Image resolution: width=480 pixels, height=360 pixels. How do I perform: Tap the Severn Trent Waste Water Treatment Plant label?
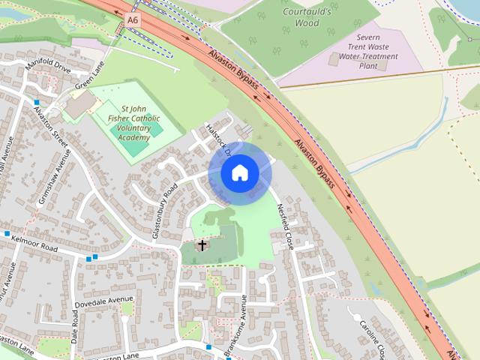pos(367,50)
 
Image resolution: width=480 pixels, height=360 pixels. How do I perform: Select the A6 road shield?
pos(133,20)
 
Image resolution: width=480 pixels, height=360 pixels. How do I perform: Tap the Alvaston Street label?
pos(51,128)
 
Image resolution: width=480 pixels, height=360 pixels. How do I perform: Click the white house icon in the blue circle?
pos(240,173)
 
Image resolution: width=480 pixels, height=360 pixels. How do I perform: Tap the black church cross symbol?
pos(202,245)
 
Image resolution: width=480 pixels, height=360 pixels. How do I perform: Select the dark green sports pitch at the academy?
pos(133,147)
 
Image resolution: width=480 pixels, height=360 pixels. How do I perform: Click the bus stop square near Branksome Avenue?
pos(208,346)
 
